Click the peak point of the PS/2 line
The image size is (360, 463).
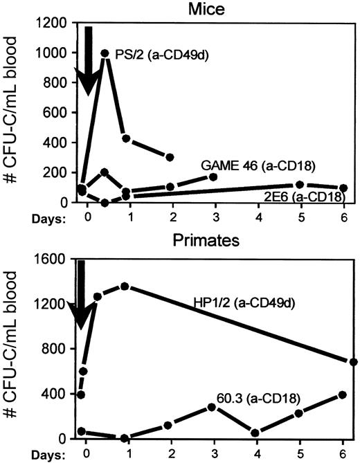point(105,53)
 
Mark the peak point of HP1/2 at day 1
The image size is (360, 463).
point(125,286)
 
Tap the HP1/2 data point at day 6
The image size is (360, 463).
point(354,361)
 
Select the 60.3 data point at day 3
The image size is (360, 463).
point(213,407)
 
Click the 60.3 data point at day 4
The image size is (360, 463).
point(256,433)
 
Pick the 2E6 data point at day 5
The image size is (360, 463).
point(300,185)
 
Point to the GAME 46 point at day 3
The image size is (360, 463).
point(213,177)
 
